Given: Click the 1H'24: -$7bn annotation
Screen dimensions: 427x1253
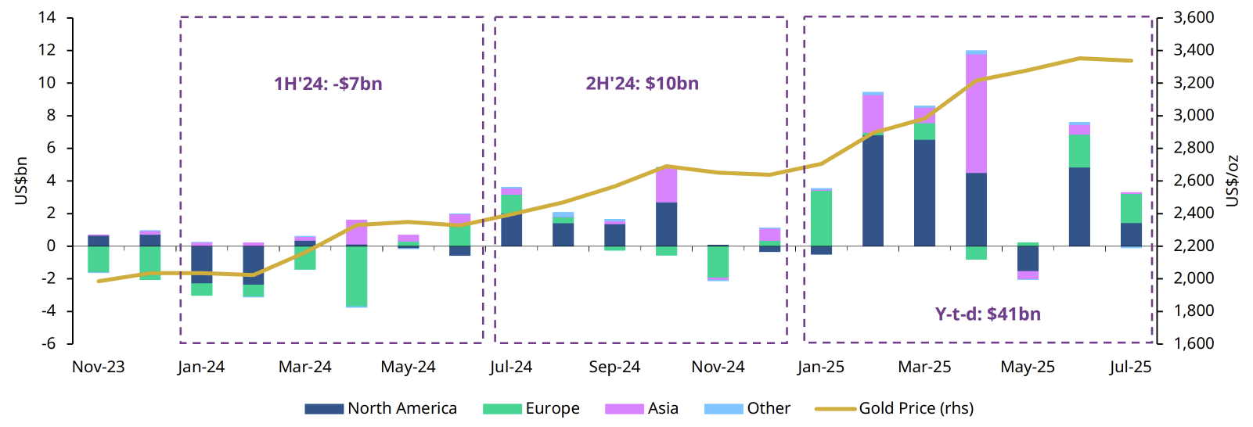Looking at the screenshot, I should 328,84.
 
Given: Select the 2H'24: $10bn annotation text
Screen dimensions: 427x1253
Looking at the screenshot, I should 642,84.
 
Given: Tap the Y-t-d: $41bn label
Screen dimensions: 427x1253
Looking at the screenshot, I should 988,314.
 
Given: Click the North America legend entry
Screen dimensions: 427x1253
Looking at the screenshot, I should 381,408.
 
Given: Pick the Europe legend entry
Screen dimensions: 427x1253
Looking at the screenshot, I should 532,408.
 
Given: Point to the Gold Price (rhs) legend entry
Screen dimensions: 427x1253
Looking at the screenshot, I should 895,408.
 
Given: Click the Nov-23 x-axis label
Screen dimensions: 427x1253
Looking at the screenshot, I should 98,367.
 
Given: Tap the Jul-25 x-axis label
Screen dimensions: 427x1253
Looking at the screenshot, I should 1130,367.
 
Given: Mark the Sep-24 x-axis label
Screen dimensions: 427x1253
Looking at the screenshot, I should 614,367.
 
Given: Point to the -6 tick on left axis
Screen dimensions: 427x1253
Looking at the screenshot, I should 49,343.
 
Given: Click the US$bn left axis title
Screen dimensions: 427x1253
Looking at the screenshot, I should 21,181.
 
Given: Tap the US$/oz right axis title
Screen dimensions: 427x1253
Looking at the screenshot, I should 1232,181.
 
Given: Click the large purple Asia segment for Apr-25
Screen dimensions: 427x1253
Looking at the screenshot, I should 976,113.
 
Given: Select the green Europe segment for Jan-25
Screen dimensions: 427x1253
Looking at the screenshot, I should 821,218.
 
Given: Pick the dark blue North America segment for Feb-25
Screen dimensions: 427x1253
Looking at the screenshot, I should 873,191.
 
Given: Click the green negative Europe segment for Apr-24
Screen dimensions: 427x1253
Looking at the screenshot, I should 356,276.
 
